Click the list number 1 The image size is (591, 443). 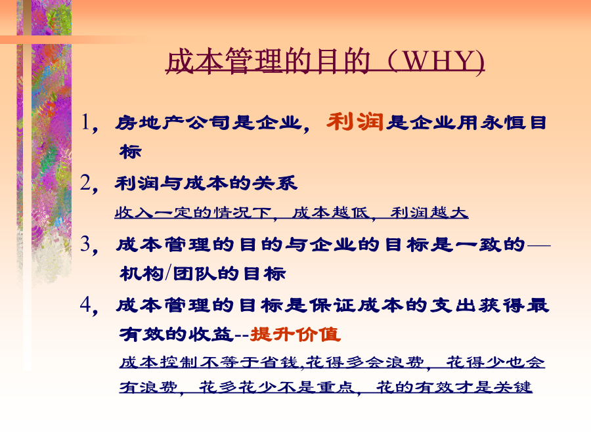[85, 122]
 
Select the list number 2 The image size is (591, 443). [85, 183]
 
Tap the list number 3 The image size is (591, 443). [85, 243]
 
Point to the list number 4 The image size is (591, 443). [85, 305]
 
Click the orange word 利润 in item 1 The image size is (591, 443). [355, 122]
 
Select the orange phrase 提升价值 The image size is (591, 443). [295, 334]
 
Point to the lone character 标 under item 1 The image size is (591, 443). [131, 152]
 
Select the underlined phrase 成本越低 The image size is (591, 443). [330, 213]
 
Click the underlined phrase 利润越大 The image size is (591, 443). [429, 213]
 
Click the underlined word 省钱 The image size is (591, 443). [281, 362]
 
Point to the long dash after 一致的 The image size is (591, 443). [538, 245]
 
